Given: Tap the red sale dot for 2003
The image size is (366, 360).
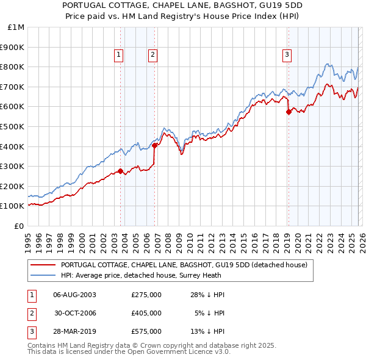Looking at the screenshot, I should (x=120, y=171).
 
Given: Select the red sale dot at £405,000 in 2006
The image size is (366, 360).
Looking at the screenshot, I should (x=155, y=145).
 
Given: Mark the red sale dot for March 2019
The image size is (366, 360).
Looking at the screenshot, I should (x=289, y=112).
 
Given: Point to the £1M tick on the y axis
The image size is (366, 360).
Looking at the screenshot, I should (x=16, y=27).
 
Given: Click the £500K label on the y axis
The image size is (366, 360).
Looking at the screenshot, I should (x=13, y=126).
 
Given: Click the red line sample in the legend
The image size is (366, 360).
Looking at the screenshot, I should (x=43, y=265).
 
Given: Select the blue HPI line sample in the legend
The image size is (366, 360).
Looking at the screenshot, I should (x=43, y=275).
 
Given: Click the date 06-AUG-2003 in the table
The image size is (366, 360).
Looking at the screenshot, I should (x=75, y=295).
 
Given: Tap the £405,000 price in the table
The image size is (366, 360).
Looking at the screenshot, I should (x=146, y=312).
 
